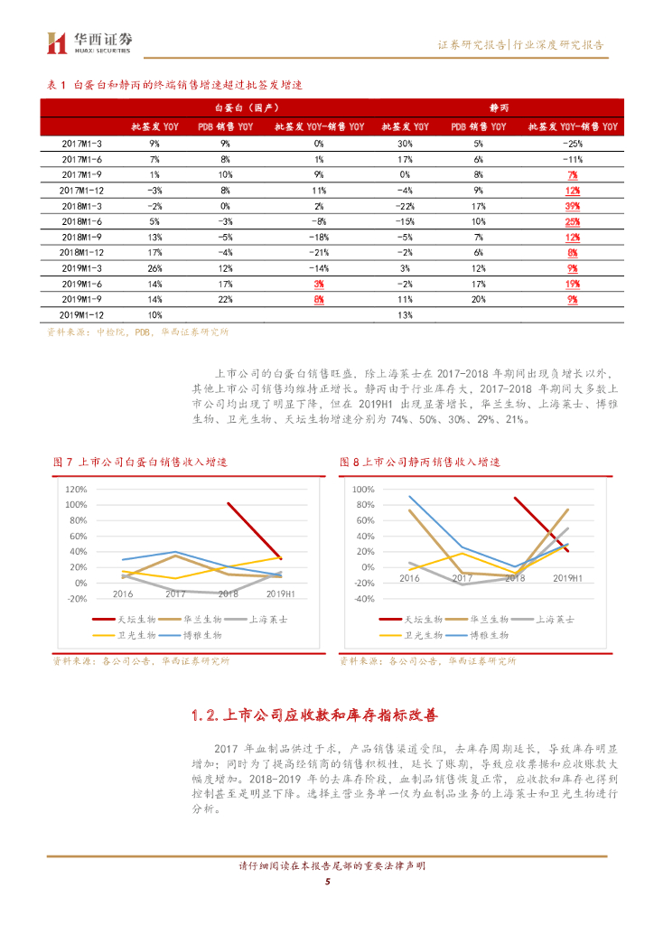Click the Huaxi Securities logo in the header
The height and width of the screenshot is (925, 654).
pyautogui.click(x=90, y=42)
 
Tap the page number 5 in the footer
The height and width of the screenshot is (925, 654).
pyautogui.click(x=327, y=883)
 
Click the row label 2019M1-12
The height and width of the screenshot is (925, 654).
pyautogui.click(x=82, y=314)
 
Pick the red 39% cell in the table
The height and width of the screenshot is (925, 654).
pyautogui.click(x=571, y=206)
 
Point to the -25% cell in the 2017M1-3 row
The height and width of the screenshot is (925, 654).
pyautogui.click(x=571, y=144)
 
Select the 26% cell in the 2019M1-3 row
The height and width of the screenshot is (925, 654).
pyautogui.click(x=154, y=268)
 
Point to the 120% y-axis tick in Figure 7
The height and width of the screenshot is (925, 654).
pyautogui.click(x=76, y=488)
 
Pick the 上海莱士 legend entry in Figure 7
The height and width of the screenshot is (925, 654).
pyautogui.click(x=263, y=620)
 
